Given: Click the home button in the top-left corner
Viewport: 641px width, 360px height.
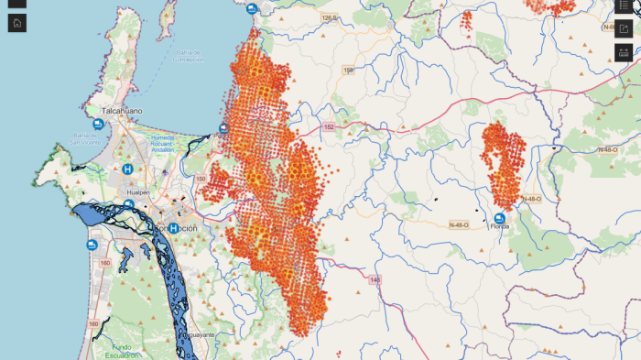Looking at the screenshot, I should pos(17,23).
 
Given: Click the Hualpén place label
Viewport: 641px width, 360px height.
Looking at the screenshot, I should pos(137,192).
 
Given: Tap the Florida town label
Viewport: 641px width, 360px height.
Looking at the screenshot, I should pos(499,226).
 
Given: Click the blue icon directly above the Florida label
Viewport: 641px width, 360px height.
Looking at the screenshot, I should pos(499,217).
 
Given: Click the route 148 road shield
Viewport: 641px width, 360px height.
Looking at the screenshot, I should pos(374,278).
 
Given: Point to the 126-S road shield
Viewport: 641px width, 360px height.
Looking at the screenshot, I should pos(330,17).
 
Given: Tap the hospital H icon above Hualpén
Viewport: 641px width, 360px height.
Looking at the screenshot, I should pos(127,169).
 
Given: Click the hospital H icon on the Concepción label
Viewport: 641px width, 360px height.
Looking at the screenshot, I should pos(172,228).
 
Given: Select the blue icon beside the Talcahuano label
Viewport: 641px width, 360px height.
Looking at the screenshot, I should pos(98,124).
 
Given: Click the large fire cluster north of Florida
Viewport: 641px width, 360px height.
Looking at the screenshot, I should pos(502,165).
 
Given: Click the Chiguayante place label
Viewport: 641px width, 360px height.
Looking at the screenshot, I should pos(195,336).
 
